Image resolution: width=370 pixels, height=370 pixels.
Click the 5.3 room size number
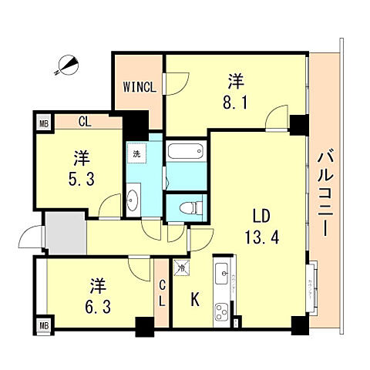82,177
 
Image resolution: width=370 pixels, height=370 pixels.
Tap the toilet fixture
190,207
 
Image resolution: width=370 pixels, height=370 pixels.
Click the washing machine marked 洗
136,153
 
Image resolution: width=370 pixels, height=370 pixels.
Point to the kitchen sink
220,273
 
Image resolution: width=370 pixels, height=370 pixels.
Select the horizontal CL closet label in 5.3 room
86,120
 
